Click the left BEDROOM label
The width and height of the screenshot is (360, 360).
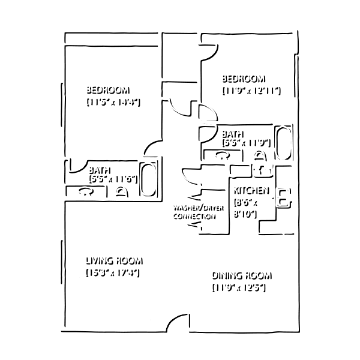tap(106, 89)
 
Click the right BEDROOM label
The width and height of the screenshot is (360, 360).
tap(242, 77)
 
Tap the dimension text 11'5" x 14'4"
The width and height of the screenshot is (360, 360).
tap(113, 101)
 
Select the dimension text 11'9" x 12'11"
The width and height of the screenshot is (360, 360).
tap(250, 89)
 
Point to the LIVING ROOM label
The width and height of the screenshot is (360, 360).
tap(113, 260)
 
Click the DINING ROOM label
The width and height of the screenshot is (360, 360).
tap(241, 275)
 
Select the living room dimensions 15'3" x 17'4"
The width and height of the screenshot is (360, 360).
tap(112, 272)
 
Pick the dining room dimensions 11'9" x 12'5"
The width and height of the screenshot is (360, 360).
tap(238, 287)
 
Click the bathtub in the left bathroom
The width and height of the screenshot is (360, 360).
tap(147, 179)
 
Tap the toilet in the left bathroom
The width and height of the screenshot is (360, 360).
tap(121, 191)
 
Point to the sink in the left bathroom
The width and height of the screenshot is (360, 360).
tap(84, 191)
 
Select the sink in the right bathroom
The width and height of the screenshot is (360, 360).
tap(221, 154)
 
